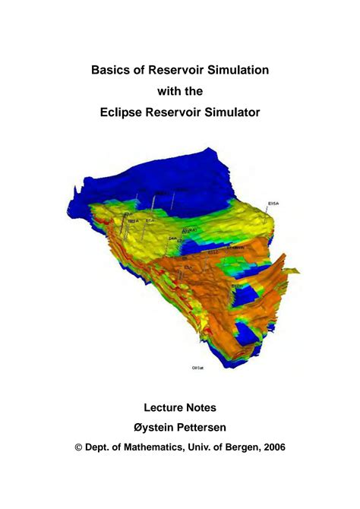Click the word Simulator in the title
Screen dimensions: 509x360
(x=233, y=112)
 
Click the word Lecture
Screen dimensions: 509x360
(x=163, y=408)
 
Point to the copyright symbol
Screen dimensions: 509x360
(x=77, y=448)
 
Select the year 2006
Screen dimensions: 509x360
(x=271, y=448)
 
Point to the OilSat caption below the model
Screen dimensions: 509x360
(x=197, y=367)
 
